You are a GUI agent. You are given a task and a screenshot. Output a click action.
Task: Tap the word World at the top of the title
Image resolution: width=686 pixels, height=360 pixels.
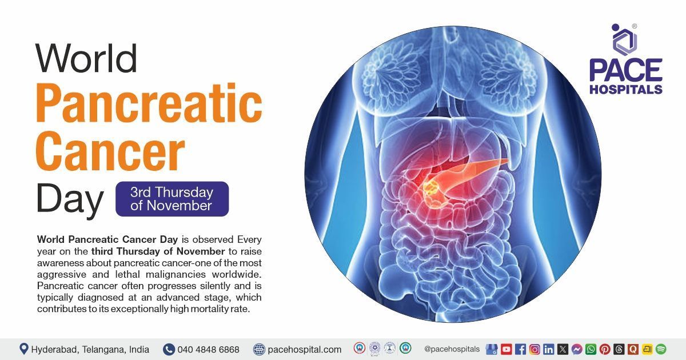click(86, 58)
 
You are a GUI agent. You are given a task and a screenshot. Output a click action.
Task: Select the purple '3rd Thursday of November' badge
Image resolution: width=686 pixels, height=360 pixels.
click(171, 199)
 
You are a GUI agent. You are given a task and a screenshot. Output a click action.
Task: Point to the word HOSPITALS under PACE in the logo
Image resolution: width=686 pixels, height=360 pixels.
click(626, 89)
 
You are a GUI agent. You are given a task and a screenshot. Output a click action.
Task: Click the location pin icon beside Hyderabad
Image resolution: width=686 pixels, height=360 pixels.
click(23, 349)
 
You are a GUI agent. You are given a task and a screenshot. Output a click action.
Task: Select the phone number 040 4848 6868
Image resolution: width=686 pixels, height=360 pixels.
click(208, 349)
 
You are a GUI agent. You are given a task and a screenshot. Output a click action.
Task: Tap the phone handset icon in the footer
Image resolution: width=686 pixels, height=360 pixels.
click(169, 349)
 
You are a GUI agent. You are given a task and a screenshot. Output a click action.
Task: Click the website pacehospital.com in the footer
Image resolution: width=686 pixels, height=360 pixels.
click(304, 349)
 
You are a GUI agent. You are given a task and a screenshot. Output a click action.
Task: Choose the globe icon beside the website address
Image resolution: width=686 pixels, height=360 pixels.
click(260, 349)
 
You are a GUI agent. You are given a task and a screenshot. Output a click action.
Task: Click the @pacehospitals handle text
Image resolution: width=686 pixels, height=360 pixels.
click(452, 349)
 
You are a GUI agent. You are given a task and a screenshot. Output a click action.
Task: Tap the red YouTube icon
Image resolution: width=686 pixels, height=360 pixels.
click(506, 349)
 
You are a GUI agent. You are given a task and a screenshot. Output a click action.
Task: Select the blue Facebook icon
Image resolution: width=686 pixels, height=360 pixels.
click(520, 349)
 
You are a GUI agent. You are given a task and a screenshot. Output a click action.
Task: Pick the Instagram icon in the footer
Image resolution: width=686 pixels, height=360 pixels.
click(535, 349)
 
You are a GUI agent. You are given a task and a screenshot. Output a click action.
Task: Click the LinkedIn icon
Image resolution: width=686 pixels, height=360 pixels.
click(549, 349)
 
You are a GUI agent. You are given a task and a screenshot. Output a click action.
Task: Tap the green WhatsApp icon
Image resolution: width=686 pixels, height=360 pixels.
click(591, 349)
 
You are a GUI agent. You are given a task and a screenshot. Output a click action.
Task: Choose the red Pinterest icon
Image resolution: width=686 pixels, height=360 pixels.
click(605, 349)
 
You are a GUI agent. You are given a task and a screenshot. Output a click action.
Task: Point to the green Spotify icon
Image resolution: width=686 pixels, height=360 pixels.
click(661, 349)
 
